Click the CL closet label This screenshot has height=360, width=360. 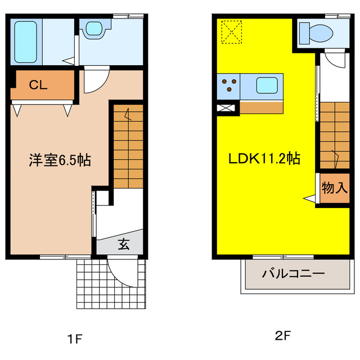click(38, 85)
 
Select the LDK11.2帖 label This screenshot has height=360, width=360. click(263, 159)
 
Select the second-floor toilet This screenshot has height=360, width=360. click(315, 32)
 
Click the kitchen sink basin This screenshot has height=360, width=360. click(266, 86)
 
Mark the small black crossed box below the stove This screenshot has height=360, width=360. click(228, 107)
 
